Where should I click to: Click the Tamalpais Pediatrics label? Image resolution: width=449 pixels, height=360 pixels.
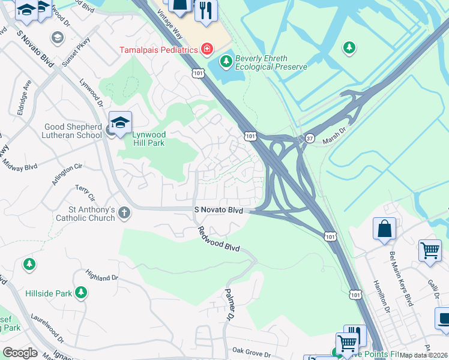click(159, 50)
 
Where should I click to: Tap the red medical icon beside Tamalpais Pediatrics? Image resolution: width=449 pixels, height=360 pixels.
click(207, 48)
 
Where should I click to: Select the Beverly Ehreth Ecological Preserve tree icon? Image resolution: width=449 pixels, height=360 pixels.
click(226, 61)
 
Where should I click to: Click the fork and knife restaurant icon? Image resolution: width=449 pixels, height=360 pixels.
click(206, 10)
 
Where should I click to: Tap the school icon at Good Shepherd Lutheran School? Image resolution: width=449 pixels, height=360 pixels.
click(120, 122)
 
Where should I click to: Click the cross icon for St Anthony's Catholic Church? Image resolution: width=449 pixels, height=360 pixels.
click(124, 212)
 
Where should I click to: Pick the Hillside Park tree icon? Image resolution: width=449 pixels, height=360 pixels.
click(81, 293)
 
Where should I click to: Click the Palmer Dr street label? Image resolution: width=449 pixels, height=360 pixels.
click(228, 303)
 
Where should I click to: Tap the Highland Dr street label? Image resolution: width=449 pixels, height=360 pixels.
click(102, 277)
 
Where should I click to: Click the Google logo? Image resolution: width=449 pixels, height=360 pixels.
click(20, 353)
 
